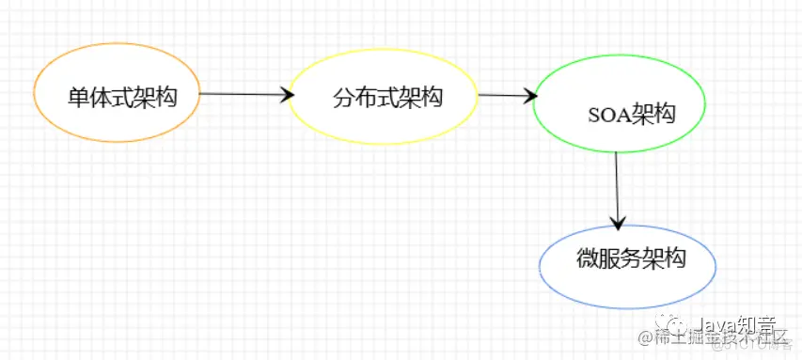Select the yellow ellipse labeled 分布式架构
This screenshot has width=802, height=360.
(x=382, y=96)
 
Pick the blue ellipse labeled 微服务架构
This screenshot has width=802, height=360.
(x=628, y=267)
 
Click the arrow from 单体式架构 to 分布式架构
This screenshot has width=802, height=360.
(x=243, y=94)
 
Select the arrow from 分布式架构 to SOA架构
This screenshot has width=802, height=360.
(x=506, y=95)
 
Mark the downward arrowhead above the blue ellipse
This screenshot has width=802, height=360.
(x=618, y=223)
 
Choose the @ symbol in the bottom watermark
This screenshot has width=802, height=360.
(x=646, y=337)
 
